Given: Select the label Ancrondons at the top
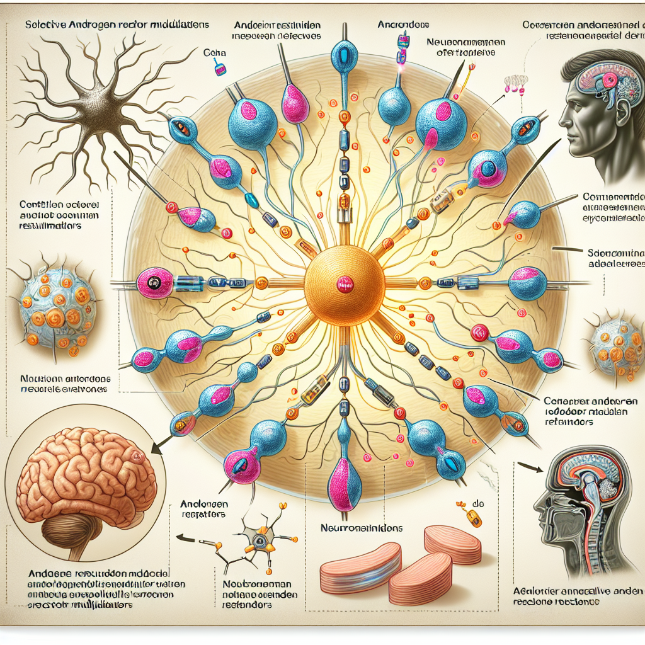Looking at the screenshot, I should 403,25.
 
